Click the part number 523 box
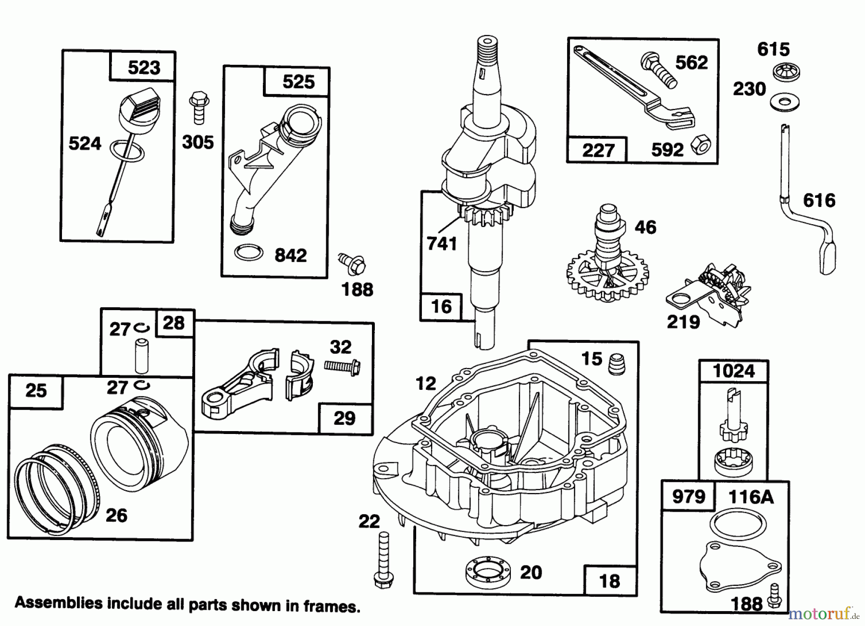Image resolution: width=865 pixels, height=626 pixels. (143, 67)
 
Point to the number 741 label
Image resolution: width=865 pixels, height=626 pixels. (442, 244)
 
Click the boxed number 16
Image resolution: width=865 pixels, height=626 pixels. (441, 306)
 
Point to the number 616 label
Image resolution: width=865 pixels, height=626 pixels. (819, 200)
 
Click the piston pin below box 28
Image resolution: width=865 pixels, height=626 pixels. (141, 356)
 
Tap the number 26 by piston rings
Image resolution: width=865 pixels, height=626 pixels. (116, 515)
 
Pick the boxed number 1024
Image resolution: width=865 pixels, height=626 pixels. (733, 371)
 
